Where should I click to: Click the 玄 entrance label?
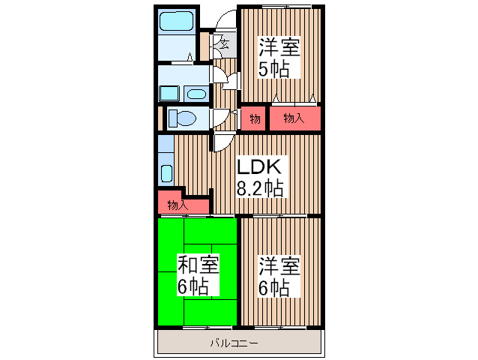pos(224,43)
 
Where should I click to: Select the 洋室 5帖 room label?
pos(279,58)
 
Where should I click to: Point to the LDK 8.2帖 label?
pos(259,177)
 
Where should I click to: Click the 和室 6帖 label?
pos(198,274)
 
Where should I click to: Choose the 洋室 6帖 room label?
pos(279,275)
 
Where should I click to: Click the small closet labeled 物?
pos(255,118)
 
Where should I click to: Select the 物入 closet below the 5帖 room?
pos(294,118)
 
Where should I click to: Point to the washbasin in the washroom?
pos(196,94)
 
